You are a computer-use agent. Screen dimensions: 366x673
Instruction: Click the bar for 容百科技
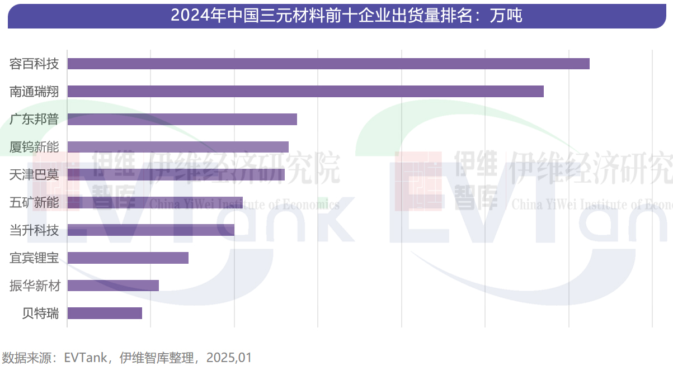coord(328,64)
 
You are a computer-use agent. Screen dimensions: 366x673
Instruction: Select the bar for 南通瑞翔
coord(305,92)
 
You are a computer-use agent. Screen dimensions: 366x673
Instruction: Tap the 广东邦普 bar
coord(182,119)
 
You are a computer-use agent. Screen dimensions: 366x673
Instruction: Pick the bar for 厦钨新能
coord(178,147)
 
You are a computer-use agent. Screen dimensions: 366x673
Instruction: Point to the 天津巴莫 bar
coord(176,174)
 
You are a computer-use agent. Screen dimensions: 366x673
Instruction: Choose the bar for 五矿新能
coord(155,202)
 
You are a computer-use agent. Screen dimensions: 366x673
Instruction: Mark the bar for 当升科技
coord(150,230)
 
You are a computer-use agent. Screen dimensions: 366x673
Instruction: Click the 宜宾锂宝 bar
coord(128,258)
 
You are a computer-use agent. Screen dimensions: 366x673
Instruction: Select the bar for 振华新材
coord(113,286)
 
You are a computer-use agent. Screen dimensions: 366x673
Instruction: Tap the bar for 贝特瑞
coord(105,313)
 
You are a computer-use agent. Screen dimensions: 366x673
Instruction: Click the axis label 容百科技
coord(34,64)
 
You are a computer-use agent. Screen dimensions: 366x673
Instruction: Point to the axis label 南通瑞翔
coord(34,92)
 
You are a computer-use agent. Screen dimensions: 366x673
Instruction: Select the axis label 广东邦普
coord(34,119)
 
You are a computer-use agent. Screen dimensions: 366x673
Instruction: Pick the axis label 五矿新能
coord(34,202)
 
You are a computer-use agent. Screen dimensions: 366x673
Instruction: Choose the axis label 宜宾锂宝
coord(34,258)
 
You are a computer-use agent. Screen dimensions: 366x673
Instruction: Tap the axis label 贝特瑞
coord(40,313)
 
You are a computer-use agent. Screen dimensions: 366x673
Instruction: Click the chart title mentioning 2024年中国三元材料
coord(346,16)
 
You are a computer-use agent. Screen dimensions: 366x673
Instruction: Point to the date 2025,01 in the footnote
coord(229,357)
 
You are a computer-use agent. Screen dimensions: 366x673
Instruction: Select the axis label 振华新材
coord(34,286)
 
